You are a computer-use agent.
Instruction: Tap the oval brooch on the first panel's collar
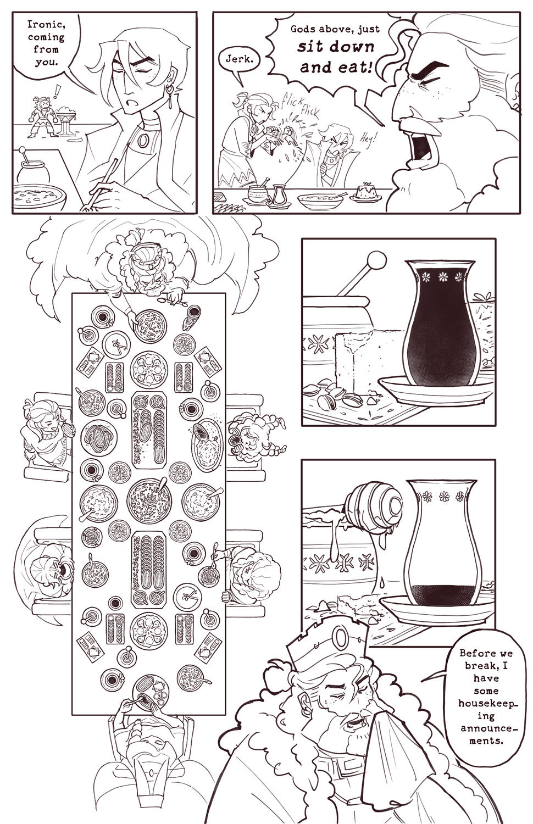(143, 142)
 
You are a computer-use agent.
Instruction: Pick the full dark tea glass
(440, 324)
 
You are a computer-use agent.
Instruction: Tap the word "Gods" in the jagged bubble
(306, 29)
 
